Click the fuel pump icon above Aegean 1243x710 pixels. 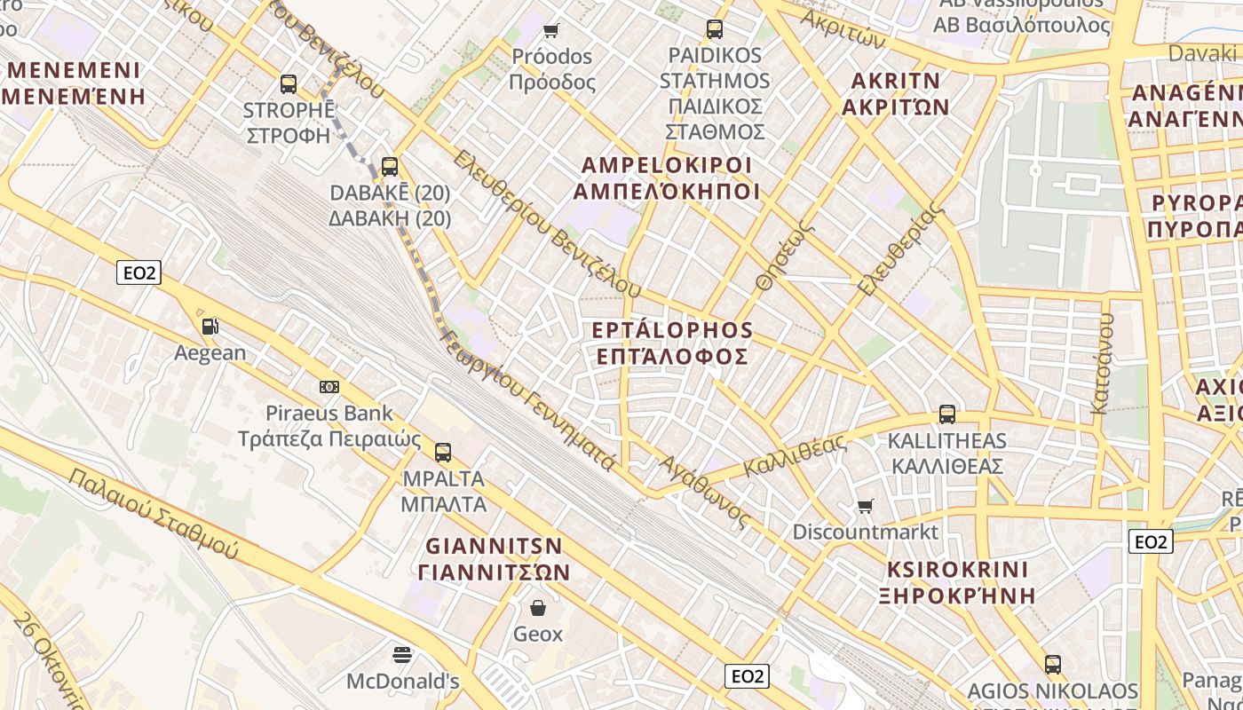(210, 327)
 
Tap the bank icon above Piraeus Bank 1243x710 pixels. (329, 387)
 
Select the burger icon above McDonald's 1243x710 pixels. (402, 655)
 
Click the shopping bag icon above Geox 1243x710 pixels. (538, 608)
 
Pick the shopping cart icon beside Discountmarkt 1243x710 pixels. (866, 506)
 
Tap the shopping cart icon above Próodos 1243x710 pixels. (551, 31)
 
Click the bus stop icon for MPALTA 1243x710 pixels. (443, 453)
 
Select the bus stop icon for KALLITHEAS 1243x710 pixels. (947, 414)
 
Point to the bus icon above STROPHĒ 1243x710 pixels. (289, 84)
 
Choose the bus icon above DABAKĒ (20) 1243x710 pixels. (390, 166)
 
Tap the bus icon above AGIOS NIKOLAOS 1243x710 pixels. (1053, 664)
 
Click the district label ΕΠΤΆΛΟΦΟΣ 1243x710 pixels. (671, 357)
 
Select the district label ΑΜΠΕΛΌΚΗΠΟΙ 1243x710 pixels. (666, 192)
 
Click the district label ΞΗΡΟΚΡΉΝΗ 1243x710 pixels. (957, 595)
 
